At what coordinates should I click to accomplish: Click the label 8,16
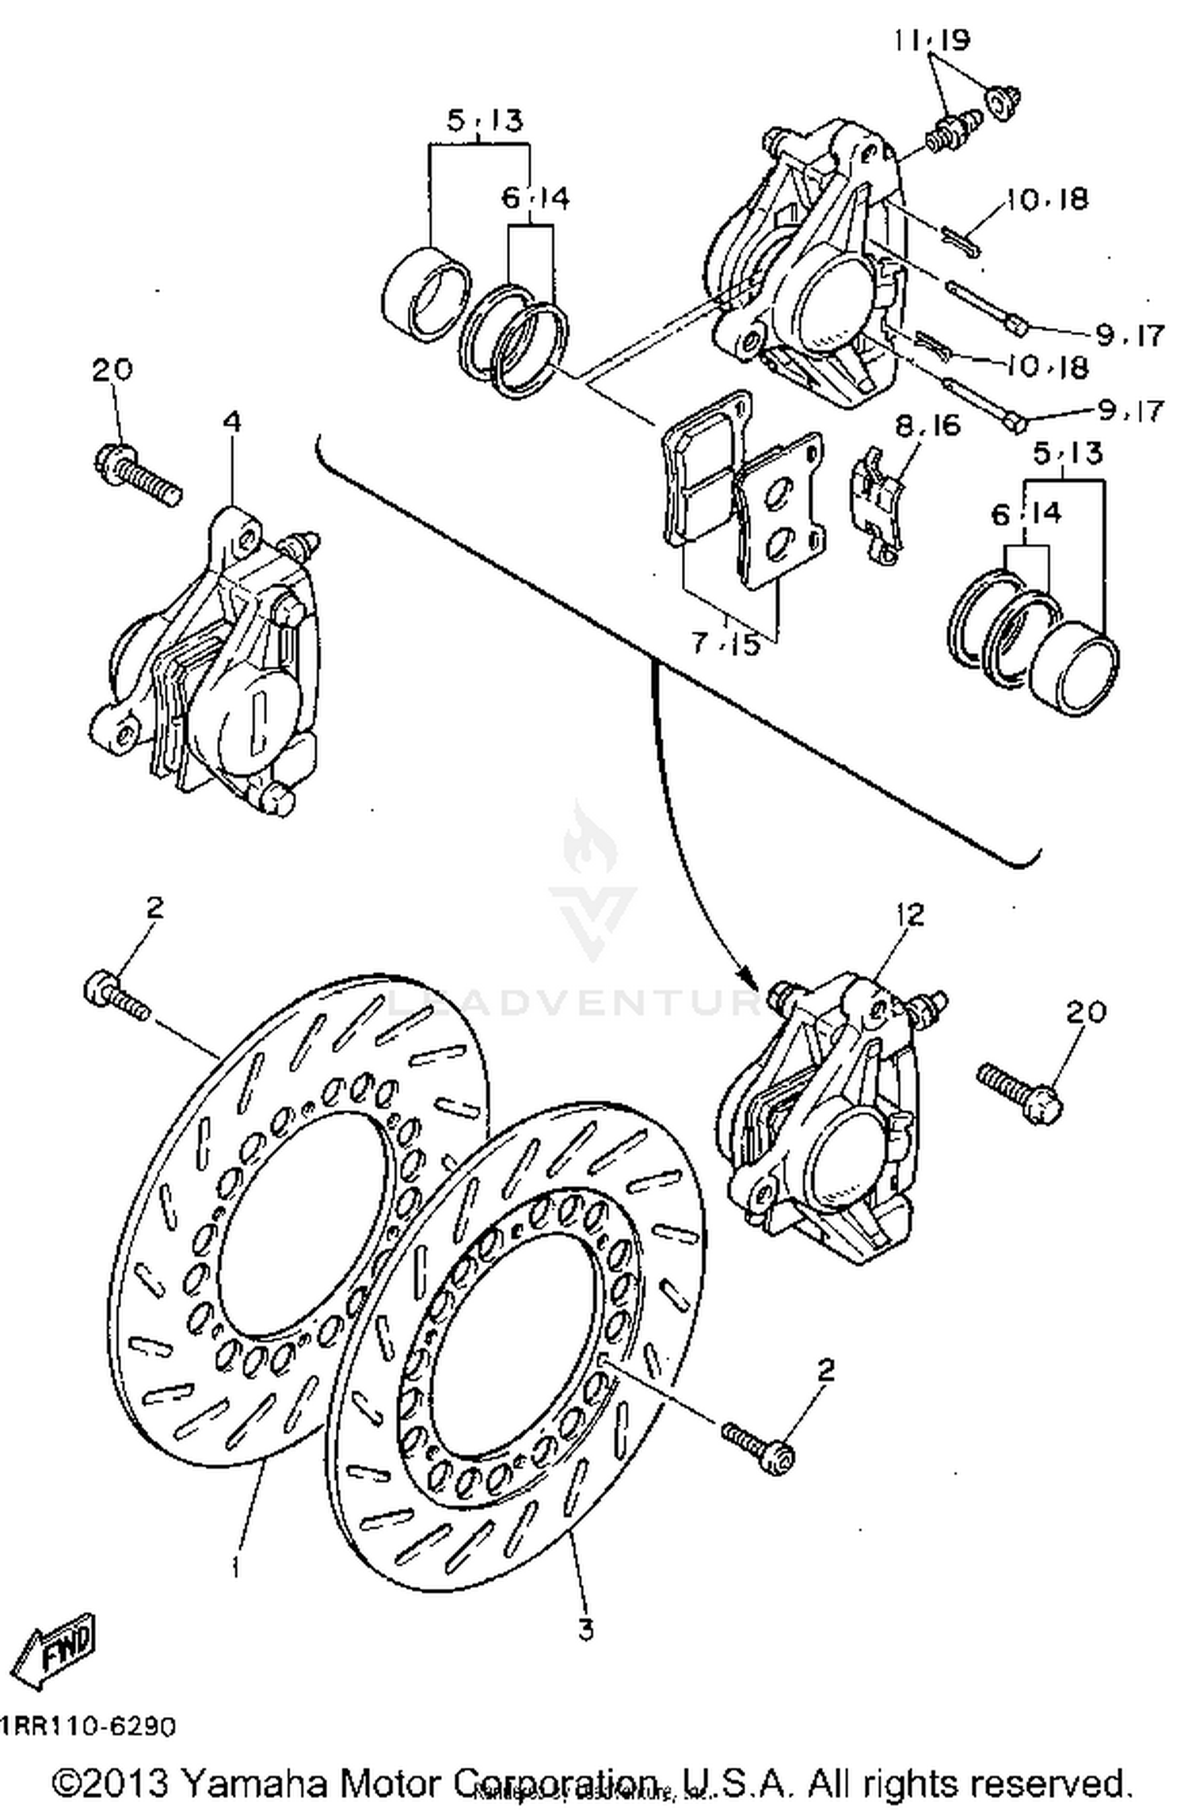(927, 426)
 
